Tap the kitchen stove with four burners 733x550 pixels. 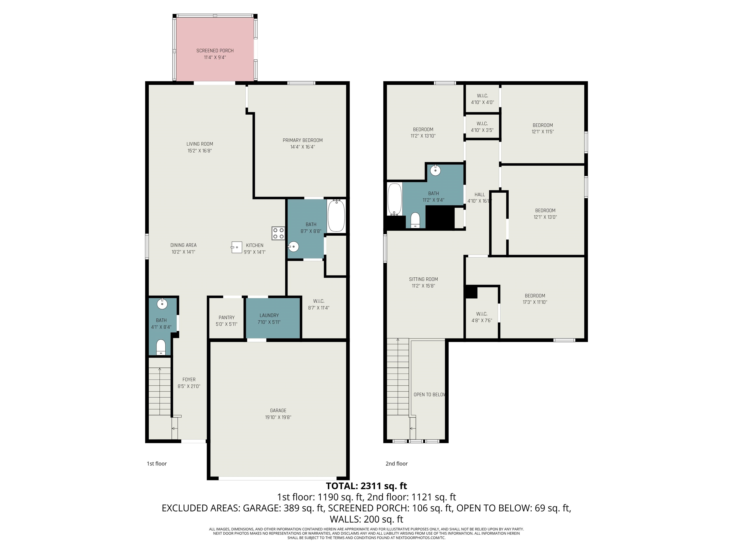coord(278,233)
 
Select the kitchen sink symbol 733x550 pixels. coord(236,247)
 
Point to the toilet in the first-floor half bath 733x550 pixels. coord(161,347)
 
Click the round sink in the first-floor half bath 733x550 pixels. coord(162,304)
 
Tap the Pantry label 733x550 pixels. coord(227,317)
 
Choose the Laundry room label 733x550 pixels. coord(269,315)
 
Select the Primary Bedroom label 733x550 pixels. coord(303,140)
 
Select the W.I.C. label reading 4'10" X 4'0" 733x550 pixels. coord(482,99)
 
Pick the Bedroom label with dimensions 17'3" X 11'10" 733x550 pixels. coord(535,299)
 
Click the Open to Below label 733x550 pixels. coord(429,395)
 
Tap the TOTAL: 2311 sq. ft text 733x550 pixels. coord(366,486)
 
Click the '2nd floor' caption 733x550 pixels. coord(397,464)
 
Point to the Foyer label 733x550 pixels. coord(189,380)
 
